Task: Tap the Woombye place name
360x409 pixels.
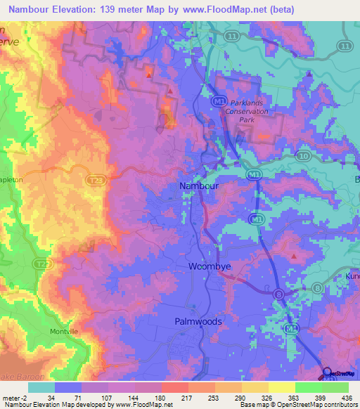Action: [207, 266]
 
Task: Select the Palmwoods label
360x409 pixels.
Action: [198, 321]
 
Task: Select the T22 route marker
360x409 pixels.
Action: [43, 264]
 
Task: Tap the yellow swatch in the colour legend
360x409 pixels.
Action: [281, 387]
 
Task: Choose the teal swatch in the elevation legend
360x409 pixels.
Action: [41, 387]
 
